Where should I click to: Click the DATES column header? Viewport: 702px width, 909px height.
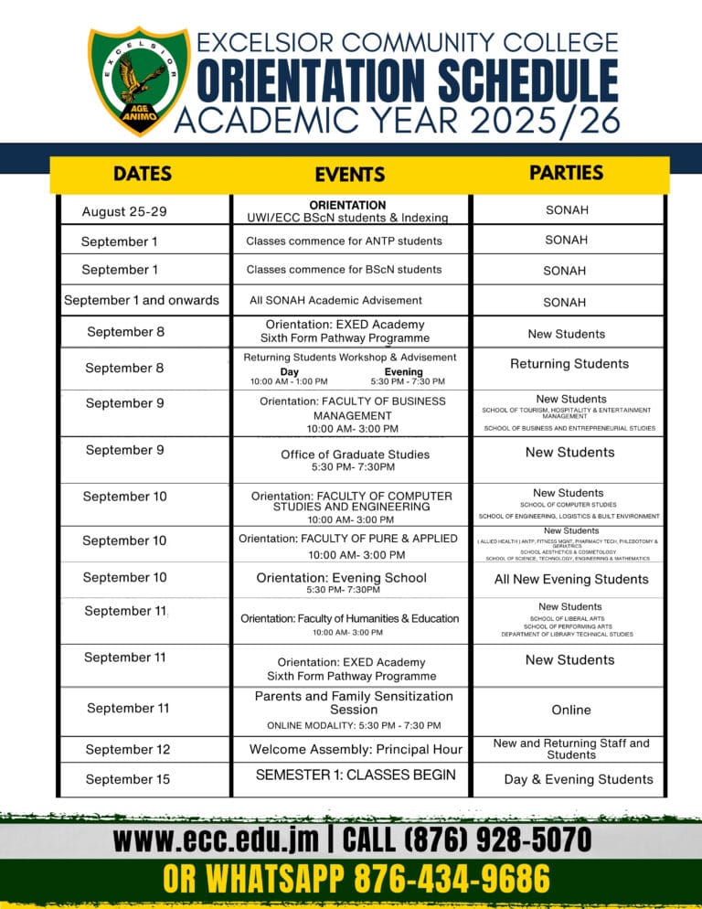[x=142, y=174]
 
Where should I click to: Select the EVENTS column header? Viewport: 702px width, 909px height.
[x=350, y=175]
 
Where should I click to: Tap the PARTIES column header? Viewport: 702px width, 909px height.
[x=567, y=173]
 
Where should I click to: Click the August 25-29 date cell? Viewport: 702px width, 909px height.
[x=124, y=212]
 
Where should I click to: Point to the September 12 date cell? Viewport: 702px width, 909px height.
[x=128, y=750]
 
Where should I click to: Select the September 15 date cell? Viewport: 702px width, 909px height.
[x=128, y=779]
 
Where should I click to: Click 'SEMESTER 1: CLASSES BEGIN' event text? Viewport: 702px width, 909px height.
[x=356, y=775]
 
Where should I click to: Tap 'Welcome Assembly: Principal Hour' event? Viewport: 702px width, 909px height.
[x=356, y=750]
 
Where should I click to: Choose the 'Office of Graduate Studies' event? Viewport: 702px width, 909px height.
[x=354, y=454]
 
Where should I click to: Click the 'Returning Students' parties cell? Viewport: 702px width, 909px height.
[x=569, y=364]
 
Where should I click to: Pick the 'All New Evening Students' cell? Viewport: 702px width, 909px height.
[x=571, y=579]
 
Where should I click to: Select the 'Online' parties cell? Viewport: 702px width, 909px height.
[x=571, y=710]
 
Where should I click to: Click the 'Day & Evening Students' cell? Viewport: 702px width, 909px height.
[x=579, y=779]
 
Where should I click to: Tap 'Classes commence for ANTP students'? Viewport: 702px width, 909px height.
[x=344, y=241]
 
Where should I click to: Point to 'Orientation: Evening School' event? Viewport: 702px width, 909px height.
[x=342, y=578]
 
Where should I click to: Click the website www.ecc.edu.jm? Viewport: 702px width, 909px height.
[x=216, y=839]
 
